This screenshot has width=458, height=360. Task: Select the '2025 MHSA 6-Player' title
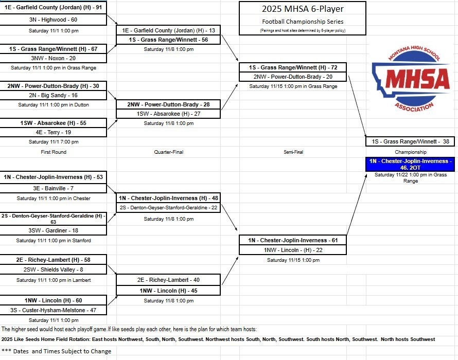pyautogui.click(x=303, y=9)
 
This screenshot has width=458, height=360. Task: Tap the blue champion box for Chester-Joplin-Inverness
pyautogui.click(x=410, y=164)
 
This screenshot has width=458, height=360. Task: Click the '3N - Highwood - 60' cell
pyautogui.click(x=53, y=20)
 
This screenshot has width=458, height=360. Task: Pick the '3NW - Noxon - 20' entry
pyautogui.click(x=53, y=58)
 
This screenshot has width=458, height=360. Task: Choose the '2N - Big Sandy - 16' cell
pyautogui.click(x=53, y=95)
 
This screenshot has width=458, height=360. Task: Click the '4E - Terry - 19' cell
pyautogui.click(x=53, y=132)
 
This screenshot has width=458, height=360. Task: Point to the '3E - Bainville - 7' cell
pyautogui.click(x=53, y=188)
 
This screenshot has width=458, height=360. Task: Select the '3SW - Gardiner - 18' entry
pyautogui.click(x=53, y=231)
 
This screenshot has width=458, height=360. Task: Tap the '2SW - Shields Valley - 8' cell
pyautogui.click(x=53, y=269)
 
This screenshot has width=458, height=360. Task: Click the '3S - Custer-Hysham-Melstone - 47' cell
pyautogui.click(x=53, y=310)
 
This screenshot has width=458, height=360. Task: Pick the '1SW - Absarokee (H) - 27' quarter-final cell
pyautogui.click(x=168, y=114)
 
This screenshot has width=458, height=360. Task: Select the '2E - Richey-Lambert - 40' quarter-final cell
pyautogui.click(x=168, y=280)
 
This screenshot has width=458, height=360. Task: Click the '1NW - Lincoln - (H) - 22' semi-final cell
pyautogui.click(x=292, y=250)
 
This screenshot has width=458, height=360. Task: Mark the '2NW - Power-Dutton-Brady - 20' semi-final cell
pyautogui.click(x=292, y=77)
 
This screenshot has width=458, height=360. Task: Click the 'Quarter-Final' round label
pyautogui.click(x=168, y=152)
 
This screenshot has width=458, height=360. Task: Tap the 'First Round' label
pyautogui.click(x=54, y=152)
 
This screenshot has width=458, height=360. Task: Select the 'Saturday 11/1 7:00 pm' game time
pyautogui.click(x=54, y=142)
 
